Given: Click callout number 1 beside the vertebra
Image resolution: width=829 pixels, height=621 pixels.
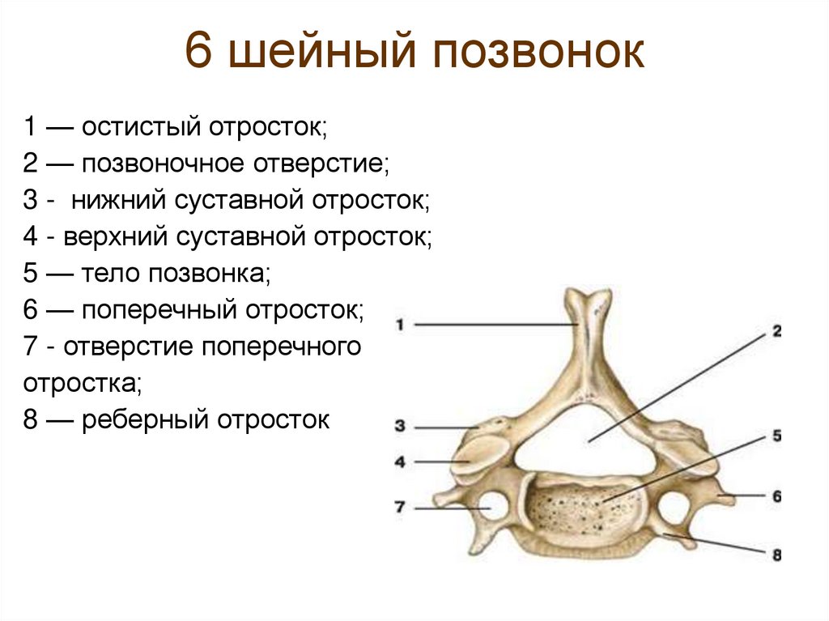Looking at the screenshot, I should pos(400,325).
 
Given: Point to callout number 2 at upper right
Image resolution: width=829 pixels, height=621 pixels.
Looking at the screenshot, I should pos(776,331).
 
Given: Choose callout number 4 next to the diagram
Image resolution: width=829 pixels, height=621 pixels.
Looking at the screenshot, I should pos(400,462).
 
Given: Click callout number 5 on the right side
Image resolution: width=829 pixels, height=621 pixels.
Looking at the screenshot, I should pos(776,436).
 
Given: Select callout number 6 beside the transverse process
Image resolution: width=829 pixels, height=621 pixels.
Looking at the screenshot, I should pos(776,496).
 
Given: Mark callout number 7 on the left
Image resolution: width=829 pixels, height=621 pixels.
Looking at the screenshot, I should pos(400,508).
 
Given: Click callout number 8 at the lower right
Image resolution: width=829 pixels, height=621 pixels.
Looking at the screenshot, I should pos(776,555).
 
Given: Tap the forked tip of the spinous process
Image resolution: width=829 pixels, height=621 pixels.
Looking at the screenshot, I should pos(588,301).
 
